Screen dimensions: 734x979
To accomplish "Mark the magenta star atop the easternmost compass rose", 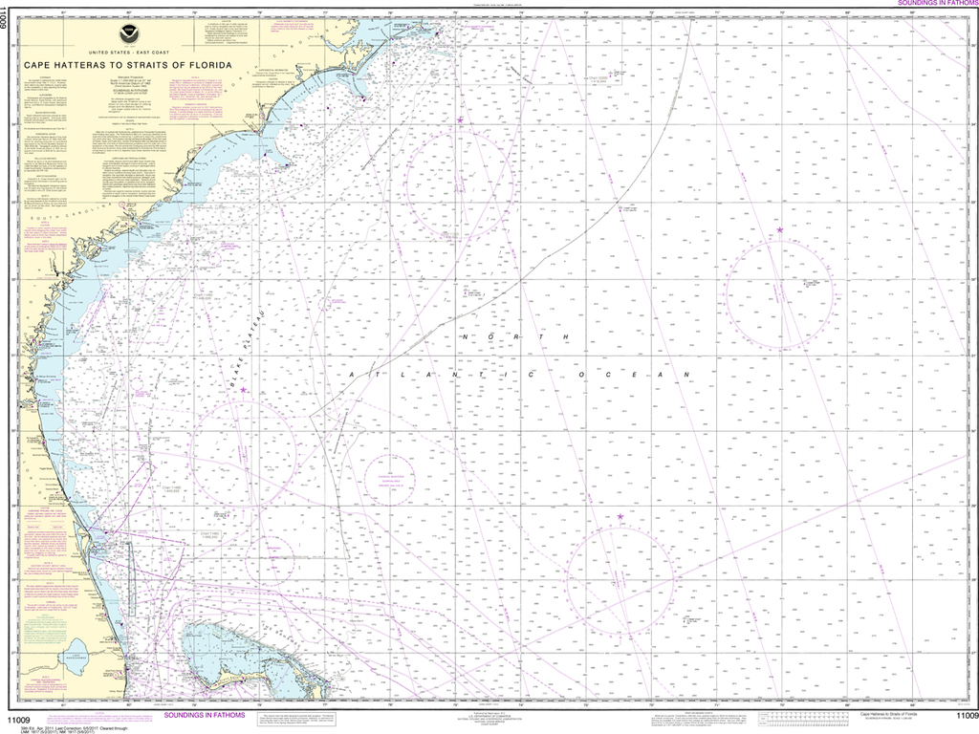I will tap(780, 229).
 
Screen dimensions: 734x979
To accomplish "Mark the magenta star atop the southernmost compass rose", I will tap(620, 517).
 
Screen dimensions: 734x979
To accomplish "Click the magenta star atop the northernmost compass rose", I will tap(460, 119).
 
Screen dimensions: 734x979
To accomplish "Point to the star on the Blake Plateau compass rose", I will tap(244, 390).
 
